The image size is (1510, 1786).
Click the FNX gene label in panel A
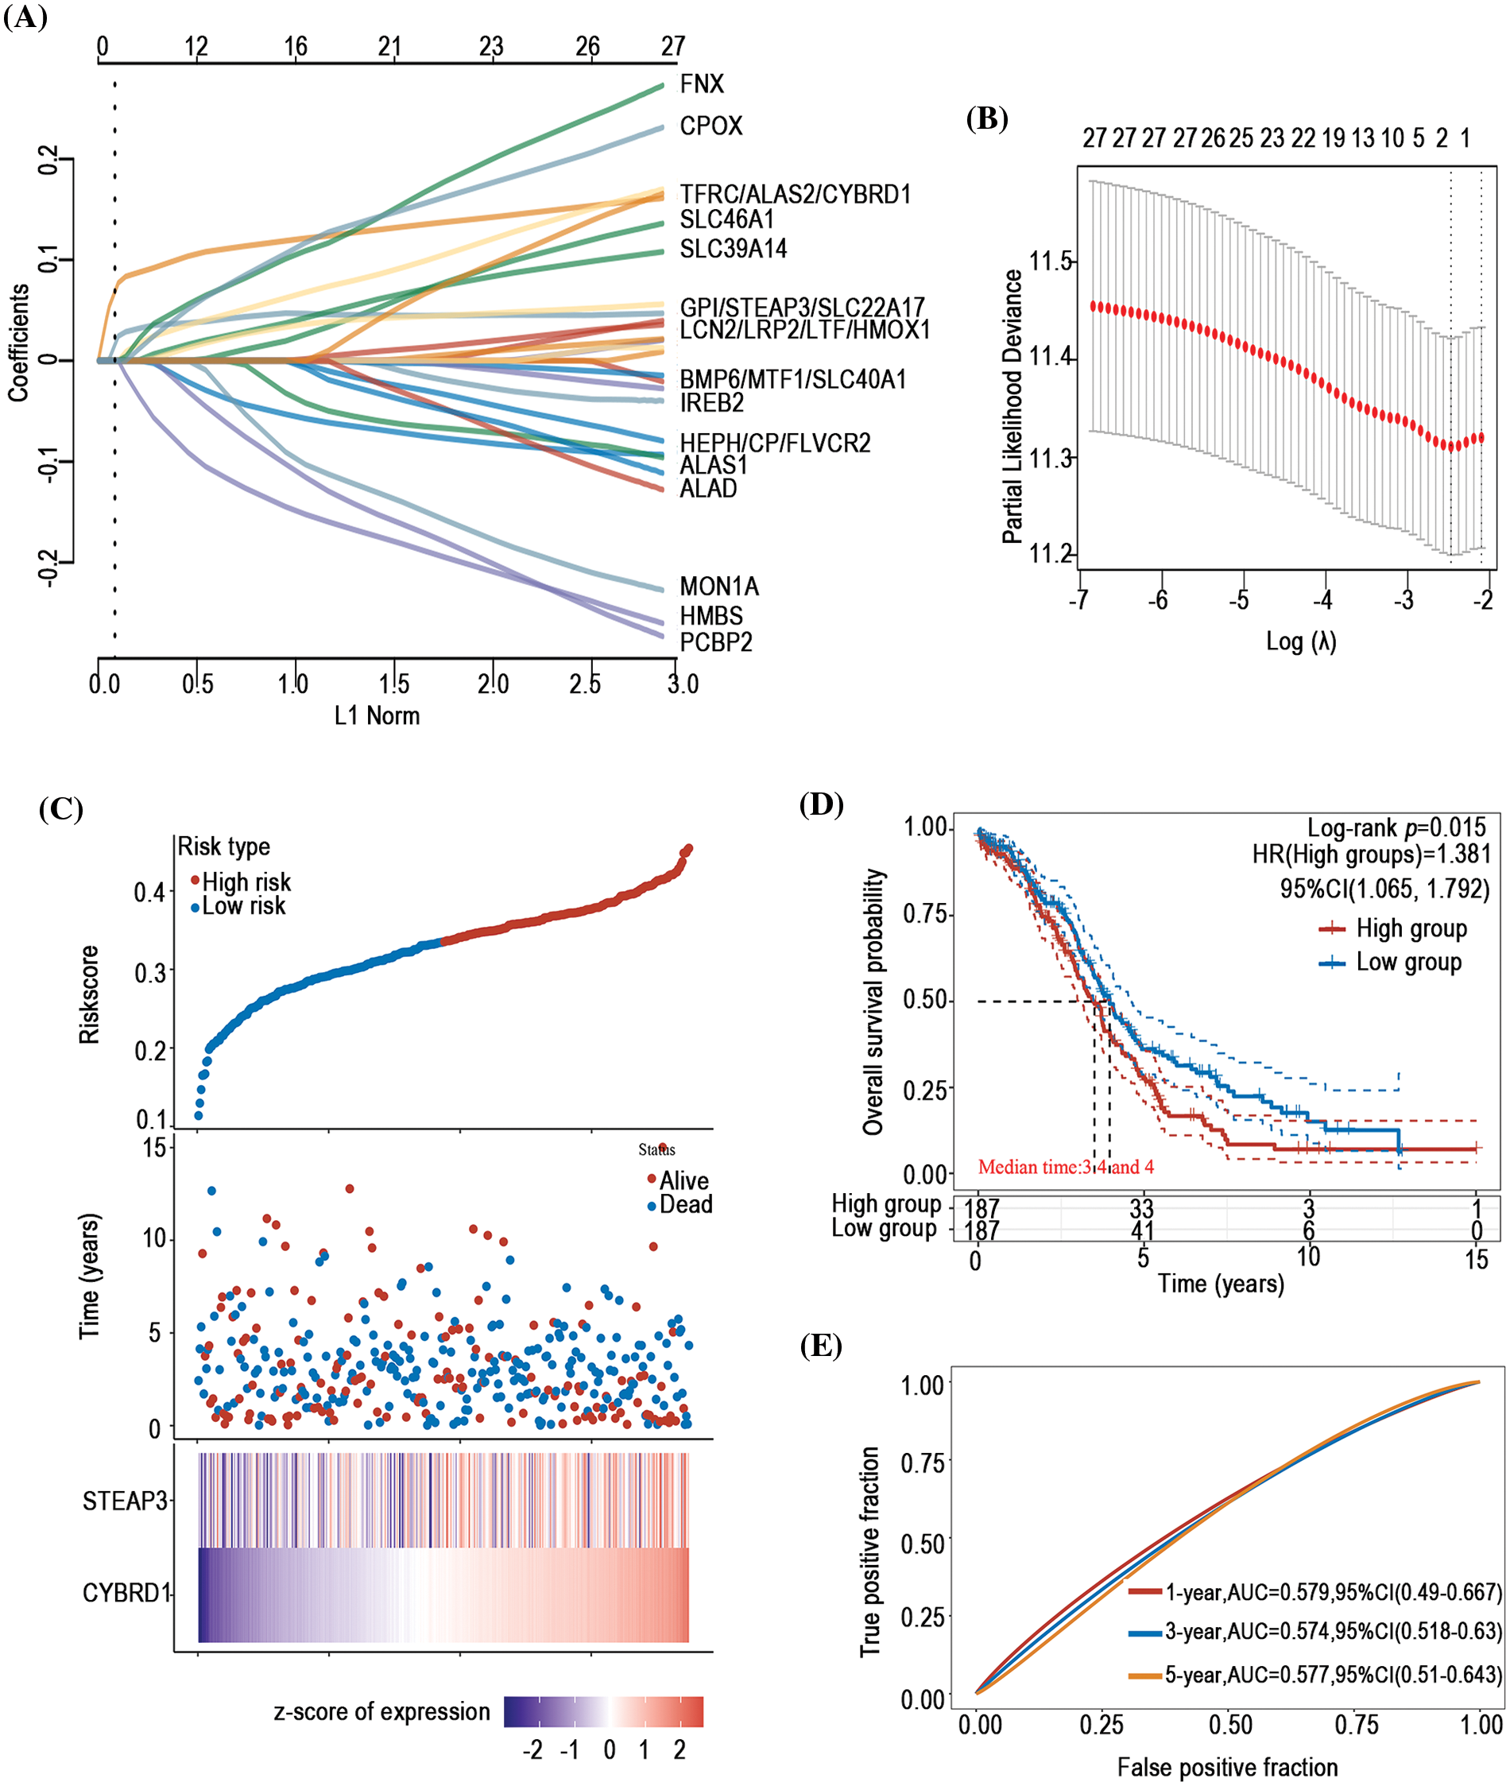[702, 84]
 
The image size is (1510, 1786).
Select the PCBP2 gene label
[715, 642]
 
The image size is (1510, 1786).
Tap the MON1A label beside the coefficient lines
[719, 587]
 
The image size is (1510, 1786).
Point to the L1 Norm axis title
[377, 716]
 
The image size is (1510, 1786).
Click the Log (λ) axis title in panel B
[1301, 641]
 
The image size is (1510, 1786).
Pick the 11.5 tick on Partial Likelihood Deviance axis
[1051, 262]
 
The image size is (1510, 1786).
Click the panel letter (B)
[987, 118]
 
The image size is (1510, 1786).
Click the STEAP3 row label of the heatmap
[125, 1501]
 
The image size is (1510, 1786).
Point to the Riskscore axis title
[89, 995]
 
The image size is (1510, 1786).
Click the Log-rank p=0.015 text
[1396, 828]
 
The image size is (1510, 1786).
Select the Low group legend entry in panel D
[1408, 962]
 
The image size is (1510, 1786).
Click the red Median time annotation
[1066, 1167]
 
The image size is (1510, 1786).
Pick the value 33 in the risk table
[1141, 1209]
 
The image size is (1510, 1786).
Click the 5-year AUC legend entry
[1332, 1675]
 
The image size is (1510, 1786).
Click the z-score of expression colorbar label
[381, 1711]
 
